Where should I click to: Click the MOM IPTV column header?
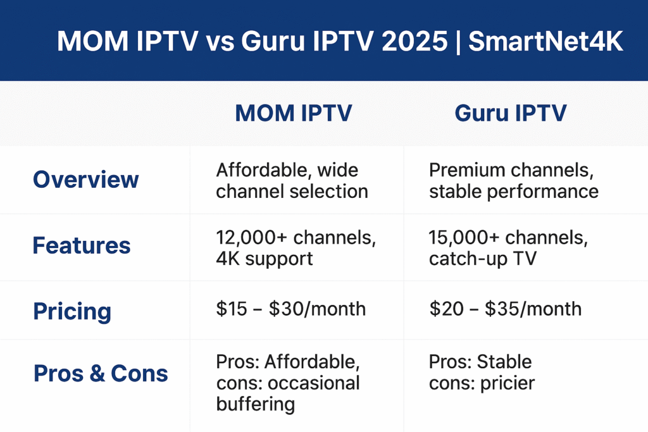pos(294,113)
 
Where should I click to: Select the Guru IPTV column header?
pos(511,113)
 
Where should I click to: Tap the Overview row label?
pos(86,180)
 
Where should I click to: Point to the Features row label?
pos(82,245)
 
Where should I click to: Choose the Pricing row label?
pos(72,311)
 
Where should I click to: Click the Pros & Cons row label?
pos(101,373)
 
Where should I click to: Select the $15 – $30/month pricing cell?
pos(291,309)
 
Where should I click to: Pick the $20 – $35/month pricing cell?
pos(506,309)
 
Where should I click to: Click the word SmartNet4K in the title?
pos(545,41)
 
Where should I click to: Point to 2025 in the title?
pos(414,41)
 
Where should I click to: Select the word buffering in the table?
pos(256,404)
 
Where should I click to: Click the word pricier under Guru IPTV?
pos(508,383)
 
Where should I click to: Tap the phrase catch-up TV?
pos(483,259)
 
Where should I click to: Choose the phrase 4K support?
pos(265,259)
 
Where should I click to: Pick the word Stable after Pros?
pos(504,362)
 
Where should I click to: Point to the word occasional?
pos(314,383)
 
